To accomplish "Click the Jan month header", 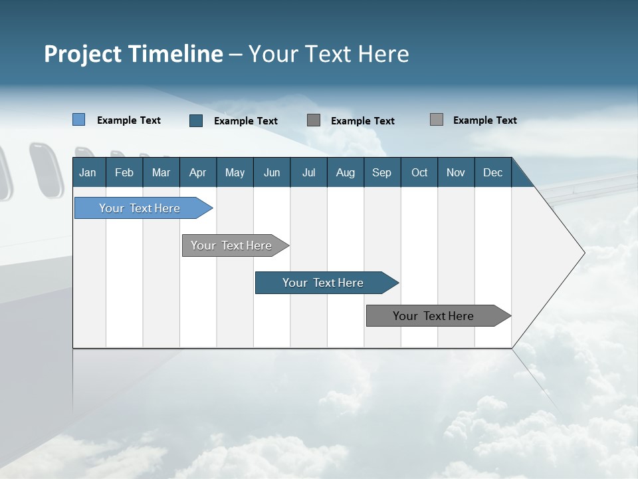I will tap(88, 172).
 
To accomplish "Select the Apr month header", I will tap(197, 172).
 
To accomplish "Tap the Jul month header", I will tap(308, 172).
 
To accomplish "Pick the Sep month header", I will tap(381, 172).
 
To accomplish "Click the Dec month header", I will tap(492, 172).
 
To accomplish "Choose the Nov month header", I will tap(455, 172).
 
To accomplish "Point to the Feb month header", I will tap(124, 172).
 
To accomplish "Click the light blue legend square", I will tap(78, 120).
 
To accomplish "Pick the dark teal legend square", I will tap(196, 120).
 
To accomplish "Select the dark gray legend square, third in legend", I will tap(314, 120).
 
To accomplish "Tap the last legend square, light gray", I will tap(436, 120).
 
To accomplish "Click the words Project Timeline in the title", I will tap(133, 54).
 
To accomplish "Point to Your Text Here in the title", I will tap(328, 54).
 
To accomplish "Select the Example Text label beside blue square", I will tap(129, 120).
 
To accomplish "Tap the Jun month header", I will tap(271, 172).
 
